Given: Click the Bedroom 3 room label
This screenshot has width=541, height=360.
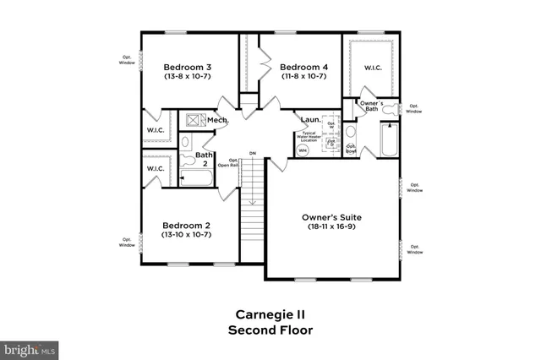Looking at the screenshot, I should click(x=187, y=67).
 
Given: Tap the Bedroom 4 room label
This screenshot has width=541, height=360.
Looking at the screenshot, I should click(x=303, y=67).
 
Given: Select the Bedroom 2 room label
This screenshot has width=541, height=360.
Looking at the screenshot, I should click(x=186, y=226).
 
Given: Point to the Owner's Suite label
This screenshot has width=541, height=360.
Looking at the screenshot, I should click(x=332, y=217).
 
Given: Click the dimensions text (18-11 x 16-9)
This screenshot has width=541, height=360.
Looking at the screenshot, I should click(x=332, y=227).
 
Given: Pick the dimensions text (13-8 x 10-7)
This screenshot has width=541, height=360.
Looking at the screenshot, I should click(x=187, y=77).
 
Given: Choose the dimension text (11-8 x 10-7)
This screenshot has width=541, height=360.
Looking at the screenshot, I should click(x=303, y=77).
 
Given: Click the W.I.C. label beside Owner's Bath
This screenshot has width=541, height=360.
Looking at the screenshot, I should click(x=373, y=68).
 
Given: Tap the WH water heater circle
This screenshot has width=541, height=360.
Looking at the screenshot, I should click(x=303, y=150).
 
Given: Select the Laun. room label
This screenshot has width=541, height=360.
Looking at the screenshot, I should click(x=309, y=120).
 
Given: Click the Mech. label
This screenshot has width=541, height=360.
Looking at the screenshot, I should click(x=217, y=121).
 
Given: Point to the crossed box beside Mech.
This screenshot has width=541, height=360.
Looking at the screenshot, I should click(x=194, y=121).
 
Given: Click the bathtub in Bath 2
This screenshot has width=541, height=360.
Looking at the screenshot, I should click(x=197, y=178).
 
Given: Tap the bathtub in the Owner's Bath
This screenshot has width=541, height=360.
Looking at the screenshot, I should click(x=389, y=140).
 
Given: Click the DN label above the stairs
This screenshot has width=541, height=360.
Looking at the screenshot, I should click(x=252, y=153).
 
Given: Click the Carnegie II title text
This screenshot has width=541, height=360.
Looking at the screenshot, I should click(x=270, y=314).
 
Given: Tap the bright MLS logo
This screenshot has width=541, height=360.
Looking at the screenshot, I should click(x=30, y=347).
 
